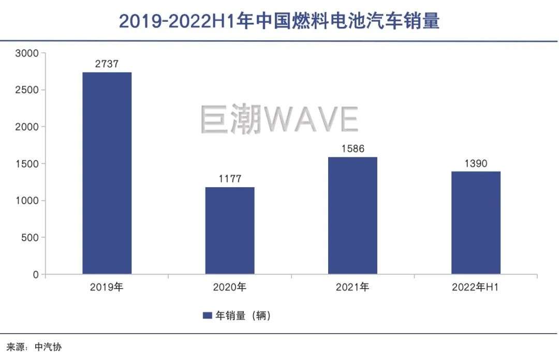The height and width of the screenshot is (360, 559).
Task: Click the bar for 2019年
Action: pyautogui.click(x=107, y=173)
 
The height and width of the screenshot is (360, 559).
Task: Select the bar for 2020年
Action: pyautogui.click(x=230, y=230)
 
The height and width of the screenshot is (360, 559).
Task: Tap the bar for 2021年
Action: pyautogui.click(x=352, y=215)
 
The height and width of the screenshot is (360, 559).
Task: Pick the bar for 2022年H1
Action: pyautogui.click(x=476, y=222)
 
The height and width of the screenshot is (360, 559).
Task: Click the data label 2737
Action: pyautogui.click(x=107, y=65)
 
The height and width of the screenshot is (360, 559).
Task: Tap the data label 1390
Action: pyautogui.click(x=476, y=164)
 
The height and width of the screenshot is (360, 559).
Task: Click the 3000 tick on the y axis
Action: pyautogui.click(x=27, y=53)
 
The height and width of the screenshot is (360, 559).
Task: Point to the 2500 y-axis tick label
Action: pyautogui.click(x=27, y=90)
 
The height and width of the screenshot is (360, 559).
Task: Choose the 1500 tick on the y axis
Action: pyautogui.click(x=27, y=164)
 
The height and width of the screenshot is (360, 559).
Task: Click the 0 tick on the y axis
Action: pyautogui.click(x=36, y=275)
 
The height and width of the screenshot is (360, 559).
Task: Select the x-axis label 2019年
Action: pyautogui.click(x=107, y=288)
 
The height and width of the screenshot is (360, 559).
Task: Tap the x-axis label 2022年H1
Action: pyautogui.click(x=476, y=288)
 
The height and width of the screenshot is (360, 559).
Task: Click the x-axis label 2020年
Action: pyautogui.click(x=230, y=288)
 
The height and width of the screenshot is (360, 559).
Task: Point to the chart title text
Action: pyautogui.click(x=279, y=21)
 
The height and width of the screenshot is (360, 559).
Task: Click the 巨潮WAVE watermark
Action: pyautogui.click(x=279, y=119)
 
